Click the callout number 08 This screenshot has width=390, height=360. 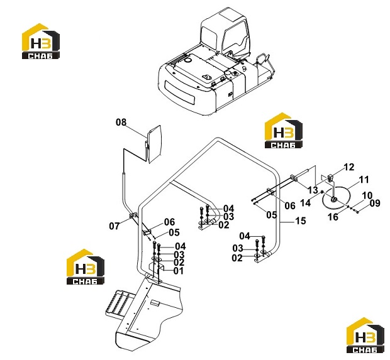[121, 123]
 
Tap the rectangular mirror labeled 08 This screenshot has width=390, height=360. [154, 144]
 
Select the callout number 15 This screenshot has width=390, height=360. [301, 221]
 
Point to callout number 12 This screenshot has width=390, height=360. [349, 167]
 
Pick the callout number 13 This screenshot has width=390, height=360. [313, 190]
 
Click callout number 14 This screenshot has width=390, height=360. [306, 203]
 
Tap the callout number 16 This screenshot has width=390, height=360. [333, 217]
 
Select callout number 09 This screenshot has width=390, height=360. [375, 203]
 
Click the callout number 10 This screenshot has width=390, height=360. [367, 195]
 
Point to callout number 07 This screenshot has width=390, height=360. [114, 226]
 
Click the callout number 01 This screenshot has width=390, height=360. [179, 271]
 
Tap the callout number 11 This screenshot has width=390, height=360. [364, 180]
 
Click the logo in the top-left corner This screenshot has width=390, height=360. [41, 41]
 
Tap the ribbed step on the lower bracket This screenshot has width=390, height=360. [120, 303]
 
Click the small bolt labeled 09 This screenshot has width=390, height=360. [357, 212]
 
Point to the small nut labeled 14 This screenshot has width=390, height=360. [322, 192]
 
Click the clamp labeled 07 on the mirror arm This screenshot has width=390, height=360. [133, 215]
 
